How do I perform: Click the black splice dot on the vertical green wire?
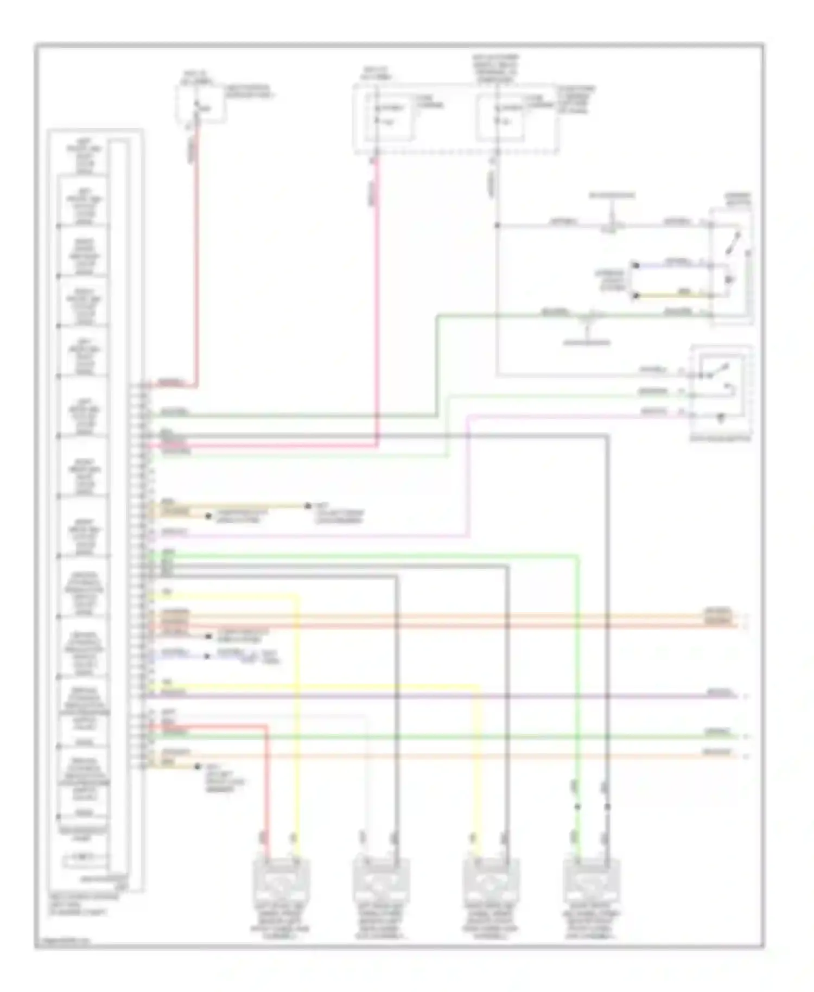click(578, 806)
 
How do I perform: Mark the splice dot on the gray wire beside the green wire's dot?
click(607, 806)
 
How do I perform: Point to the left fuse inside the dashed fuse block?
click(389, 117)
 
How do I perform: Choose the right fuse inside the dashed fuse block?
click(500, 117)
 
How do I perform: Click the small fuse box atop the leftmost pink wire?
click(200, 104)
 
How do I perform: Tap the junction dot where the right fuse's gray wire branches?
click(497, 225)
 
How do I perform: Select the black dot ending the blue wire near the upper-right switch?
click(635, 265)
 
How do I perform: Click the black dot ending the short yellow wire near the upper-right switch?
click(635, 296)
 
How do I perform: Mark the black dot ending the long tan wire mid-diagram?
click(307, 506)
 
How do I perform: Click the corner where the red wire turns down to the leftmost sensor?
click(266, 726)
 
